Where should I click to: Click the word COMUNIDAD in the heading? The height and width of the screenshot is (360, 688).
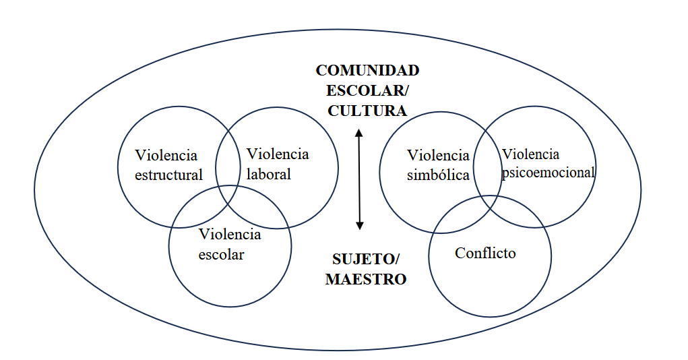(367, 71)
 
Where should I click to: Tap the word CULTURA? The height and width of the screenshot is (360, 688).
(367, 111)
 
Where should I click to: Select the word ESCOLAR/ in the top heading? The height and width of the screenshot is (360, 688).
(367, 91)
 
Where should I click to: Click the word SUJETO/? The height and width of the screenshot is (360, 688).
(366, 259)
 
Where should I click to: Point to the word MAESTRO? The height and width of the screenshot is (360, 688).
(366, 279)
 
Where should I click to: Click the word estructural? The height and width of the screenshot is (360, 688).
(168, 175)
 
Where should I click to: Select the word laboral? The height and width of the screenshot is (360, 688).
(269, 174)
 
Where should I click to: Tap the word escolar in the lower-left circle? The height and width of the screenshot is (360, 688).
(222, 255)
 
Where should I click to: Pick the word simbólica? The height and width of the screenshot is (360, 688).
(438, 175)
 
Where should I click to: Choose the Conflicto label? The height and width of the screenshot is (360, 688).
(485, 253)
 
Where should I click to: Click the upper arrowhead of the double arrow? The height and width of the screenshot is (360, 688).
(359, 132)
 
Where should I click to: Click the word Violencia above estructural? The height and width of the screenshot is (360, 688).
(166, 156)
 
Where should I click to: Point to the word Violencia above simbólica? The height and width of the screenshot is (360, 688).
(439, 156)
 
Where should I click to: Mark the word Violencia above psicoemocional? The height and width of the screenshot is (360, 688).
(531, 154)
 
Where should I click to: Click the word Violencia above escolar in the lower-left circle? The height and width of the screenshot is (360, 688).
(230, 235)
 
